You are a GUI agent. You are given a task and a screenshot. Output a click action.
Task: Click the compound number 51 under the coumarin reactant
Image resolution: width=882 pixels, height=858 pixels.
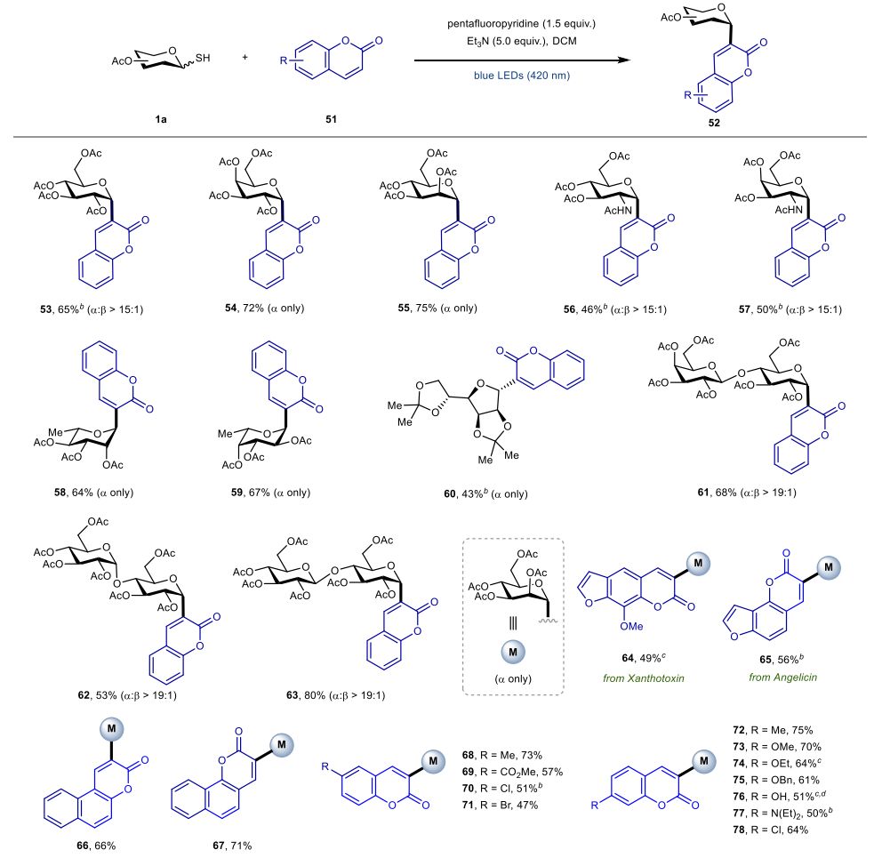pyautogui.click(x=335, y=116)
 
